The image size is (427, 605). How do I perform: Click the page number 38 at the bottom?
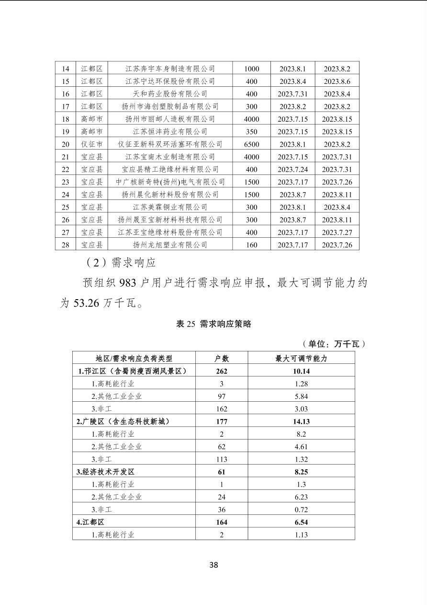click(x=213, y=564)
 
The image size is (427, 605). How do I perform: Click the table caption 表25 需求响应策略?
click(x=213, y=324)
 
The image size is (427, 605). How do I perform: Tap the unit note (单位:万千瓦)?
click(x=334, y=344)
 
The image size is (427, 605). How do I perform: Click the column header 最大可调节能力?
click(x=301, y=358)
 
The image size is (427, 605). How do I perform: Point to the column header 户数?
click(x=221, y=358)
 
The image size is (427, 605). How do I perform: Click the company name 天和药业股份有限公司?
click(x=170, y=94)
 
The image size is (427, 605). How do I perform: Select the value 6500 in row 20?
click(x=251, y=144)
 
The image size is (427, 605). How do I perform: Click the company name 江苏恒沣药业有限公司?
click(x=170, y=131)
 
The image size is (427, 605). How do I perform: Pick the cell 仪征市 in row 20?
click(x=91, y=144)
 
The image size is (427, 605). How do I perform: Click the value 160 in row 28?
click(x=251, y=245)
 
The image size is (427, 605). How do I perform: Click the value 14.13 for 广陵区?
click(x=301, y=421)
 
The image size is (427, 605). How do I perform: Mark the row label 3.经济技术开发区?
click(x=105, y=472)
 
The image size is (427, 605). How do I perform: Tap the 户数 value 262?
click(x=221, y=371)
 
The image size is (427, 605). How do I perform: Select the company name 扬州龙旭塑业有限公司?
click(x=170, y=245)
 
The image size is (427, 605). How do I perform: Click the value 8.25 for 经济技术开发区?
click(x=301, y=472)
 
